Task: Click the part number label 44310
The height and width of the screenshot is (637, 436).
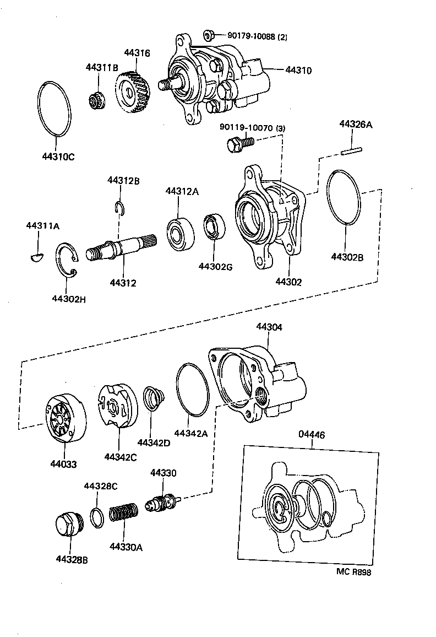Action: coord(298,71)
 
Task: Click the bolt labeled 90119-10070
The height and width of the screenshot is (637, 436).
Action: coord(238,144)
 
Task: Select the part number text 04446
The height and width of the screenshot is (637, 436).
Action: coord(312,435)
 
